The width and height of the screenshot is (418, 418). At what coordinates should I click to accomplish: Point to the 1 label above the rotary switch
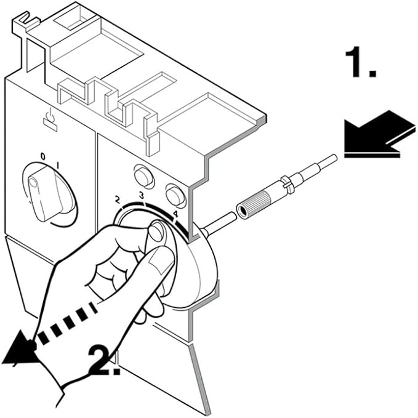(x=57, y=164)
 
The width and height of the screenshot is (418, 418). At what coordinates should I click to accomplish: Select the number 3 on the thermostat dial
(x=141, y=196)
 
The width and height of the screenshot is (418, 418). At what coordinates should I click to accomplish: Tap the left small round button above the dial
(x=144, y=177)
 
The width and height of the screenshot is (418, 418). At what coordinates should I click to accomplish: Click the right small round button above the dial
(x=176, y=196)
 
